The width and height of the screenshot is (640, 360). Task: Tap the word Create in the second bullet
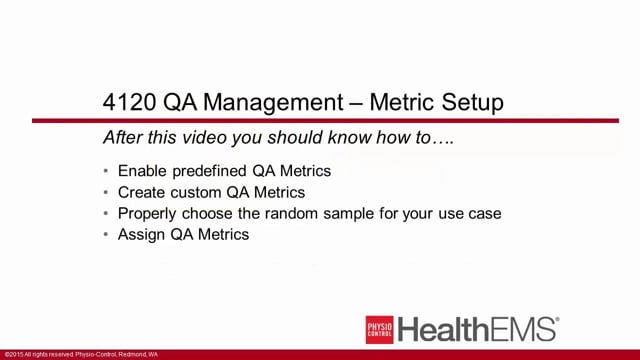[141, 191]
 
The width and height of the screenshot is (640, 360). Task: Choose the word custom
[196, 191]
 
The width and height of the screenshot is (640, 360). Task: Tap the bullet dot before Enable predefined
[107, 171]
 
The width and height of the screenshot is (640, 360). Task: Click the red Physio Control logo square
[379, 329]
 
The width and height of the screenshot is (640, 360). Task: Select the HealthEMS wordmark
[478, 329]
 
